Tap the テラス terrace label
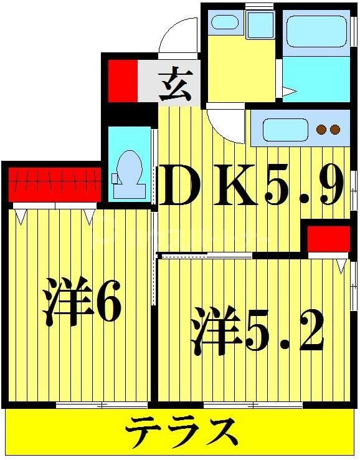point(182,431)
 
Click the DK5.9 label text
point(252,186)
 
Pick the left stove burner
point(321,130)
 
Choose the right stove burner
point(335,130)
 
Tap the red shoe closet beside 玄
point(123,80)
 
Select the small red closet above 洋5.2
point(329,239)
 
